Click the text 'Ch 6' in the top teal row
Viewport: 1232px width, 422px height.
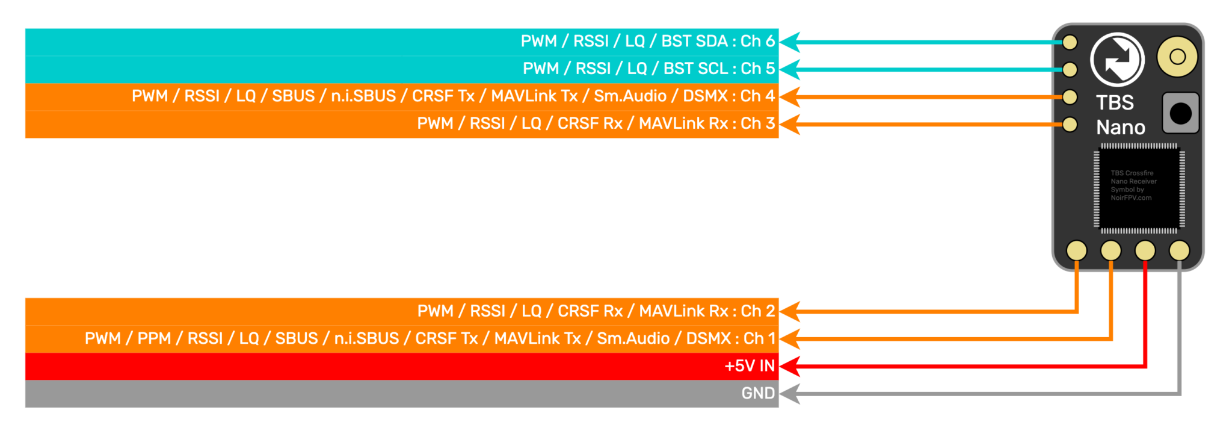pos(757,41)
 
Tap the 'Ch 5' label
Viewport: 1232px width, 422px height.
pos(757,69)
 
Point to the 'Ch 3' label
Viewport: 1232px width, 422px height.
pos(757,123)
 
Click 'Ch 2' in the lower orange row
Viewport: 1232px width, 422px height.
pos(757,311)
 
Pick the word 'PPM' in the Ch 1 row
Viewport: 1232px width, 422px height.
pos(154,338)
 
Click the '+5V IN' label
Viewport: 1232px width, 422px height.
pos(750,366)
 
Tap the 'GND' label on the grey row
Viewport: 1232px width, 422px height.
pos(758,393)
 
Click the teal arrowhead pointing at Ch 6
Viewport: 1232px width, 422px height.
pos(790,42)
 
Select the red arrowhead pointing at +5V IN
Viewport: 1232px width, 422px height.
pos(790,366)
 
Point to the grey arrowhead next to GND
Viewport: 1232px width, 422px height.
pos(790,394)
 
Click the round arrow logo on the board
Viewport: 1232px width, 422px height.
pos(1117,60)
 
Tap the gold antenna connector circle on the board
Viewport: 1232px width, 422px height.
pos(1177,57)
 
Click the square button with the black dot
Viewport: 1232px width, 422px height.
pos(1180,113)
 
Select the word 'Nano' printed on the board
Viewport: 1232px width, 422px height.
pos(1120,128)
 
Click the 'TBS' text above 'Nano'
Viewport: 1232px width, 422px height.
pos(1115,103)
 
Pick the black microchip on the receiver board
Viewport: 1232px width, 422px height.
pos(1139,188)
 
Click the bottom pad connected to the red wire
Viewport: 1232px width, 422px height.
pos(1145,250)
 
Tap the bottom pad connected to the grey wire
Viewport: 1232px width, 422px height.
pos(1179,250)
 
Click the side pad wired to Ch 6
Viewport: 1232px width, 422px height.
pos(1070,42)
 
